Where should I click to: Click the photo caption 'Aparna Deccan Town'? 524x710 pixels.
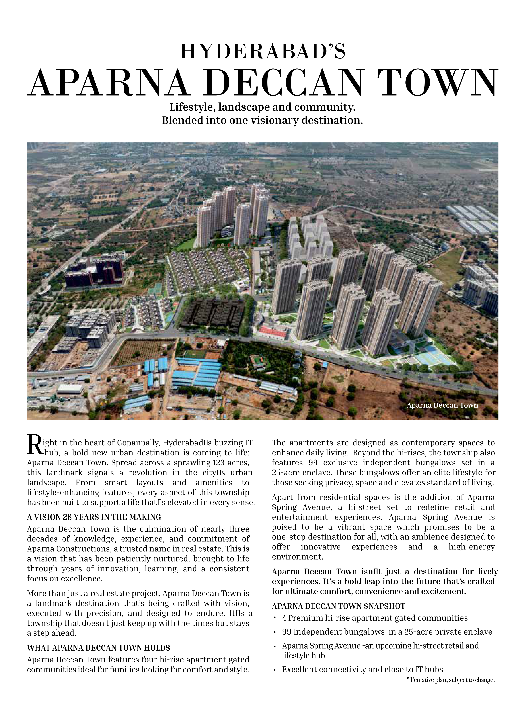pyautogui.click(x=442, y=405)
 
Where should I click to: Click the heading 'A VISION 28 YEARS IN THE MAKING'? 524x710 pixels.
pyautogui.click(x=94, y=517)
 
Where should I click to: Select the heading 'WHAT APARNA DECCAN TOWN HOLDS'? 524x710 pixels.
pyautogui.click(x=98, y=648)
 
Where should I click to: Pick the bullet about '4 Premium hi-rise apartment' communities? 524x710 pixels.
pyautogui.click(x=374, y=618)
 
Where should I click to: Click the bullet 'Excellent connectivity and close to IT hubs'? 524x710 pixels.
pyautogui.click(x=362, y=669)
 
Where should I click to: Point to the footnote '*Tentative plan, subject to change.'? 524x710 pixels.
pyautogui.click(x=450, y=680)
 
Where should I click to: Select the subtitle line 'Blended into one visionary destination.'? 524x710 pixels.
pyautogui.click(x=262, y=121)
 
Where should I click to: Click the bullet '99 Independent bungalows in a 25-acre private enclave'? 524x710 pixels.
pyautogui.click(x=387, y=632)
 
